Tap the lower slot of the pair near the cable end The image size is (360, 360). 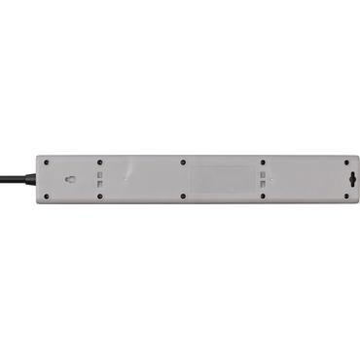[x=100, y=184]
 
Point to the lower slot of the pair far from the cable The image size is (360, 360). [x=263, y=184]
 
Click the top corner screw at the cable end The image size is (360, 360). [x=45, y=162]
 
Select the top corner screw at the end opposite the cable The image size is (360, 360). [x=343, y=162]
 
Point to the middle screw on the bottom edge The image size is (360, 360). [x=182, y=196]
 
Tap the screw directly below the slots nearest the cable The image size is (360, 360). [x=100, y=196]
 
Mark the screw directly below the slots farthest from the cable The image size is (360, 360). [x=263, y=196]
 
